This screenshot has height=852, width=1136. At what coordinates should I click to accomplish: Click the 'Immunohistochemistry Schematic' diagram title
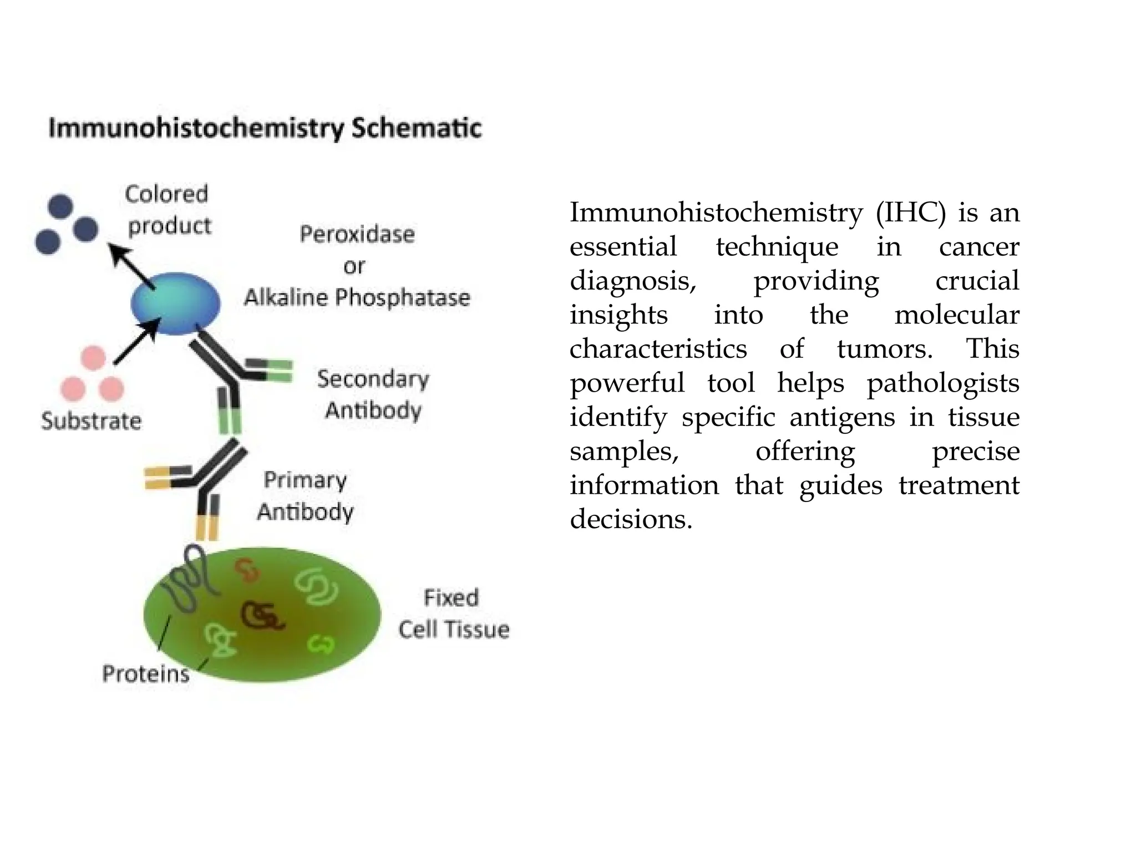pos(265,128)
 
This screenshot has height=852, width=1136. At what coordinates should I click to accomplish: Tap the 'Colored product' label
pos(168,210)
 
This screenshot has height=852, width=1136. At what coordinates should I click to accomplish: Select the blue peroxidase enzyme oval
pos(175,303)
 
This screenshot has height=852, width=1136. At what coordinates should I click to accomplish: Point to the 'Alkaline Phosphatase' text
pos(357,298)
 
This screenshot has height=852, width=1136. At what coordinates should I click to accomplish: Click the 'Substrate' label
pos(92,421)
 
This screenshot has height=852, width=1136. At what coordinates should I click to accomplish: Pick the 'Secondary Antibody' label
pos(373,394)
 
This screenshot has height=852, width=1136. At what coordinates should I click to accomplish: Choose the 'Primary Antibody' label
pos(305,495)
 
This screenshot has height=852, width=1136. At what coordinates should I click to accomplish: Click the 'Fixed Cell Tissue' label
pos(453,613)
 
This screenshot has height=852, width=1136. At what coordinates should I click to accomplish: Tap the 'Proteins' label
pos(146,674)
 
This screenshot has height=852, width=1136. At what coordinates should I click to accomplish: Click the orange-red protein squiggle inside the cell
pos(247,570)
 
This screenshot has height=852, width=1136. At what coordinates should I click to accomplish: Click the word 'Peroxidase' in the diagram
pos(357,234)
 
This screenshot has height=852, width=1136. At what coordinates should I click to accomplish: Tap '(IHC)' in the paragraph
pos(910,213)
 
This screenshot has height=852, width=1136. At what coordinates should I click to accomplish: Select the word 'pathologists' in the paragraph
pos(943,383)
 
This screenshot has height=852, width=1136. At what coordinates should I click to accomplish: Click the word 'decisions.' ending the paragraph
pos(631,519)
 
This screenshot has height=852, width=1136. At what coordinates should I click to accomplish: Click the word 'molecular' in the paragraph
pos(957,315)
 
